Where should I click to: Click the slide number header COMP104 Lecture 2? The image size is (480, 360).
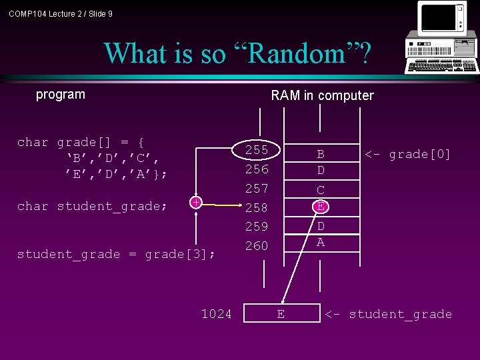(x=61, y=13)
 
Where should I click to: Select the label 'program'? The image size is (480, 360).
(x=61, y=94)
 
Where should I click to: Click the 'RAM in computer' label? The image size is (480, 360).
(x=322, y=95)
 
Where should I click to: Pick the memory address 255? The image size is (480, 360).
(x=256, y=150)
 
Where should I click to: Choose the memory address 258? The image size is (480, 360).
(x=256, y=207)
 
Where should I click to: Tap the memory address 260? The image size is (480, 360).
(x=256, y=246)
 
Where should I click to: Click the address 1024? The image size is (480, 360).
(x=217, y=313)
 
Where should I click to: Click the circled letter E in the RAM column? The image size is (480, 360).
(x=321, y=207)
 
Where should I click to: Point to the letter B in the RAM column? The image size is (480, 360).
(x=321, y=155)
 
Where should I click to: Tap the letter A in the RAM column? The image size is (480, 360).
(x=321, y=243)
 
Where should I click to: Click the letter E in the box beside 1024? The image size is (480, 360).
(x=281, y=314)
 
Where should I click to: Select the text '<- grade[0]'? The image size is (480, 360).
(x=407, y=155)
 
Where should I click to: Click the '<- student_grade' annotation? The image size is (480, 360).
(x=388, y=314)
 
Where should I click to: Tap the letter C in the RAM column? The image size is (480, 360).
(x=321, y=190)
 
